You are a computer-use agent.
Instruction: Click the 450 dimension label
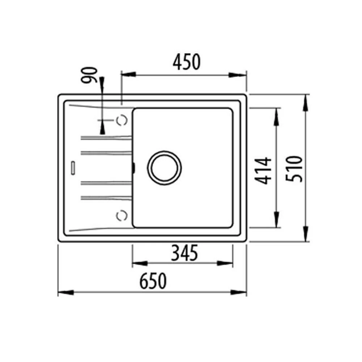tap(187, 62)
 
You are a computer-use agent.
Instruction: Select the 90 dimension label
tap(89, 75)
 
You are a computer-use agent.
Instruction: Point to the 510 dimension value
tap(294, 169)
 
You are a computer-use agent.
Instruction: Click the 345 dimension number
tap(185, 253)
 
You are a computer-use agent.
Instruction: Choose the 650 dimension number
tap(153, 281)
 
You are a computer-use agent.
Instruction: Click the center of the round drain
tap(164, 168)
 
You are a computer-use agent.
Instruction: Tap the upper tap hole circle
tap(122, 120)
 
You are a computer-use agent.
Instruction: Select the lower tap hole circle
tap(122, 216)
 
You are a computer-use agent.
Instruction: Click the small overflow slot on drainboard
tap(73, 168)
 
